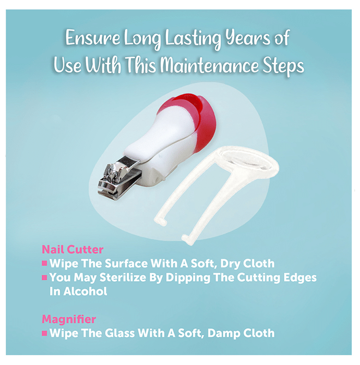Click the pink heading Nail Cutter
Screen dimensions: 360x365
73,250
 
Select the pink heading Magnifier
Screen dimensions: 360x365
69,319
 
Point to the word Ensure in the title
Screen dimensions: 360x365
92,38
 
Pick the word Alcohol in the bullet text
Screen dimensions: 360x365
85,291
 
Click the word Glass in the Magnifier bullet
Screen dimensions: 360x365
119,333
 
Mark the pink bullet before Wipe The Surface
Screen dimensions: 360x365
44,263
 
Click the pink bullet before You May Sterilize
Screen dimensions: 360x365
44,277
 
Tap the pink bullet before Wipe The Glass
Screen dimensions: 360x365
44,333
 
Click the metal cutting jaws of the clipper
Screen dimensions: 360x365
119,178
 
